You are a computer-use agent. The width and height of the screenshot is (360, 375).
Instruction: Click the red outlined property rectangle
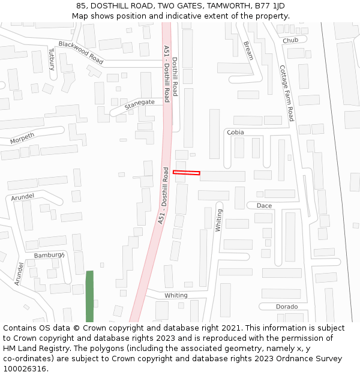[186, 173]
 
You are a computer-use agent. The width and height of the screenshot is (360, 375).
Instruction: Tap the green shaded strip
[89, 296]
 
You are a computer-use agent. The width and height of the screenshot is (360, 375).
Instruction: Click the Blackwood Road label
[80, 53]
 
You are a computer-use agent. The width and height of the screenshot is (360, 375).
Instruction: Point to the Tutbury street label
[52, 59]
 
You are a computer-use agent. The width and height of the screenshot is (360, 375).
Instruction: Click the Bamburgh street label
[48, 255]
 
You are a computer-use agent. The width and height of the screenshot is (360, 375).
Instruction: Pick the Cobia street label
[236, 132]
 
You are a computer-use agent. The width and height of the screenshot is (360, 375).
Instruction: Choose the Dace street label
[264, 205]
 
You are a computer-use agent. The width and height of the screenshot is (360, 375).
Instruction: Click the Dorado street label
[287, 307]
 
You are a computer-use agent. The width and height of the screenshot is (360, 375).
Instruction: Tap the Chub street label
[290, 40]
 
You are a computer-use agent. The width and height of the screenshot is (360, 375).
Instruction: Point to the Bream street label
[248, 50]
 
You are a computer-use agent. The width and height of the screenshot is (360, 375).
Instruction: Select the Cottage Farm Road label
[286, 93]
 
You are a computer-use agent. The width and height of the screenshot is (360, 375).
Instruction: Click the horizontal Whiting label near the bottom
[176, 295]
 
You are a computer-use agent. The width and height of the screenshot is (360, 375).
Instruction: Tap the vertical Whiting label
[219, 220]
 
